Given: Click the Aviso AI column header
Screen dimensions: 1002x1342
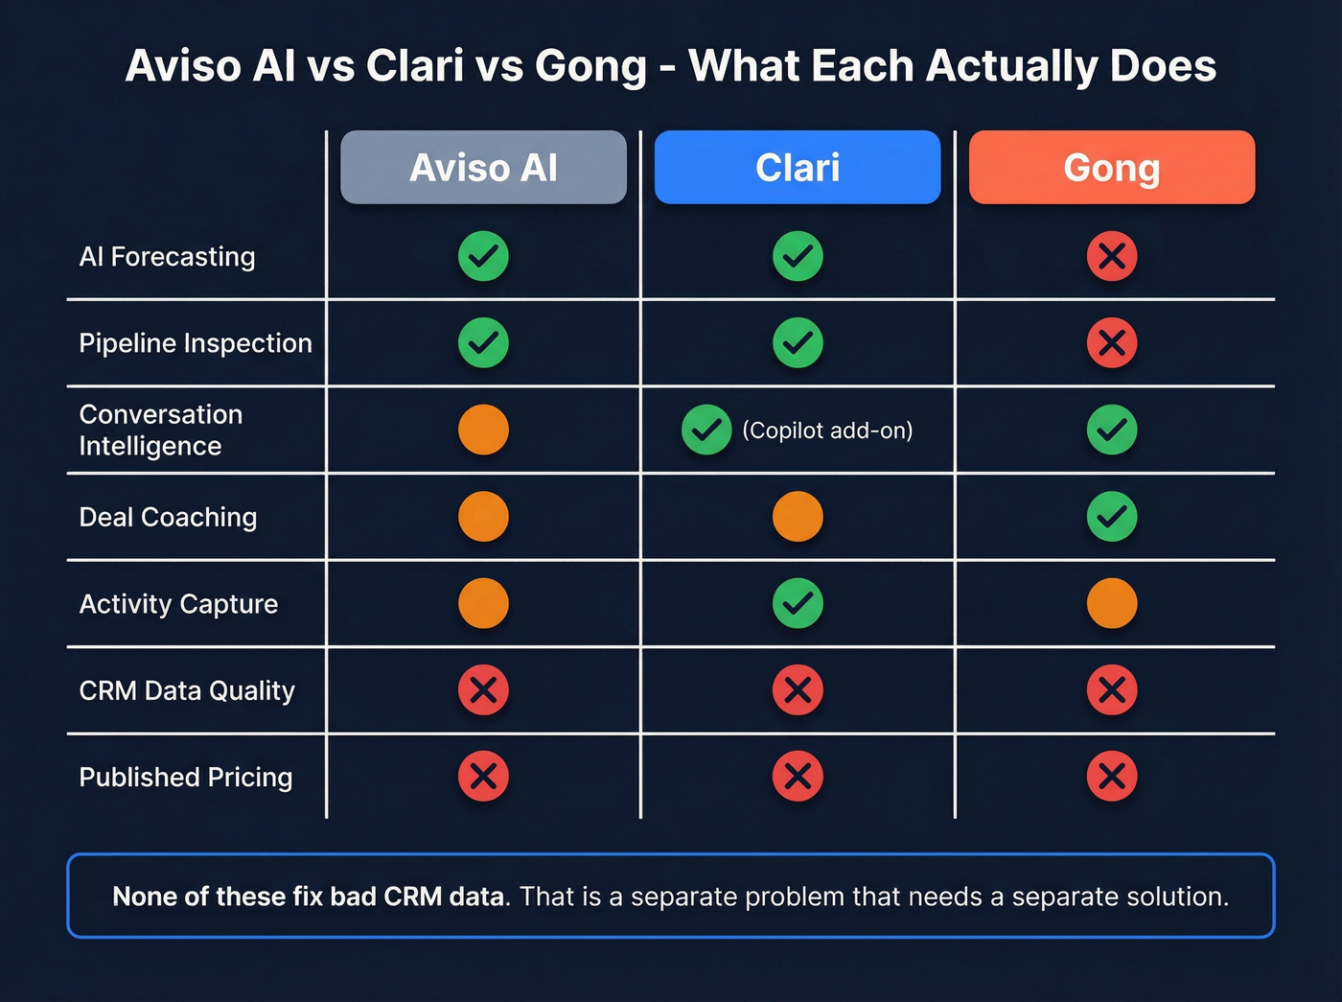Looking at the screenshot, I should click(483, 168).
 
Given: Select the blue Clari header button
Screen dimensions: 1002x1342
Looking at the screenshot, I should click(798, 168).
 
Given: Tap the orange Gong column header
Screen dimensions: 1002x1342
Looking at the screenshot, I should click(1112, 168).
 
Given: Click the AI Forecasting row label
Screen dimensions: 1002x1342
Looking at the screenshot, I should click(168, 257).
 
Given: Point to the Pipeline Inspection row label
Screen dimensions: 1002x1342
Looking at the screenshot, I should click(196, 343).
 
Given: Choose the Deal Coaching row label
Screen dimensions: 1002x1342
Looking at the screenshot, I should click(168, 517).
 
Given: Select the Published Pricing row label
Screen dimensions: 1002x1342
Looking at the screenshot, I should click(186, 777).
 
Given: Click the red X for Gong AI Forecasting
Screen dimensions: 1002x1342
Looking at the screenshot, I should click(1112, 256).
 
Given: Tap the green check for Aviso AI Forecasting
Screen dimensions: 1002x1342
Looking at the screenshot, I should click(483, 256).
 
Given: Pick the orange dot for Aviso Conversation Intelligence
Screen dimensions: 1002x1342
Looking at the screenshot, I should click(483, 430).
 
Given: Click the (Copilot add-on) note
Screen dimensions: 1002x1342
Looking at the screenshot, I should click(827, 431).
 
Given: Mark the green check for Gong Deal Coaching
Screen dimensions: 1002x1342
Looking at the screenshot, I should click(1112, 517).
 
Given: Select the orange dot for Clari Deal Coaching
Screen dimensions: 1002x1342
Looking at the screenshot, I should click(798, 517).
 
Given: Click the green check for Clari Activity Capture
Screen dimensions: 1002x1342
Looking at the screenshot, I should click(798, 603).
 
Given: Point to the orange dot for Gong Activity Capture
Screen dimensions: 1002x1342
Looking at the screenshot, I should click(1112, 603).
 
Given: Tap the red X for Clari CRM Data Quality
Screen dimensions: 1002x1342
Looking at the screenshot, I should click(798, 689).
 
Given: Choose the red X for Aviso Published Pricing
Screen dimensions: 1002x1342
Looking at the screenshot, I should click(483, 776).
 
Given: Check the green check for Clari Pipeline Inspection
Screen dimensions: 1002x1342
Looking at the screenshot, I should click(798, 342).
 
